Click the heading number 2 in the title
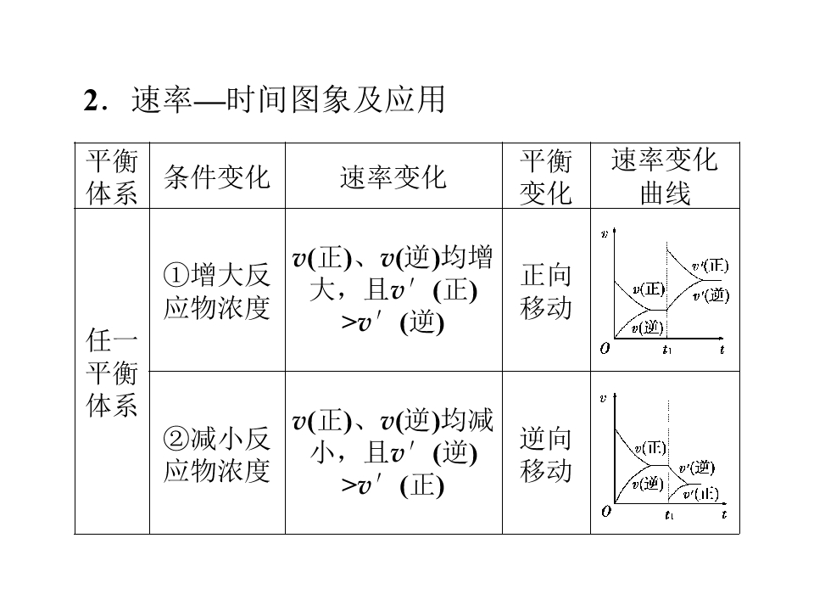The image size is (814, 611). tap(91, 100)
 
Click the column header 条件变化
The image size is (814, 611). tap(217, 177)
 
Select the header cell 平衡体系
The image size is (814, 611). tap(112, 177)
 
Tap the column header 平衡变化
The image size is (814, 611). tap(546, 177)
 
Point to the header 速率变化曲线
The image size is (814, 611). tap(665, 177)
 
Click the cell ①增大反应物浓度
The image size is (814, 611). tap(217, 291)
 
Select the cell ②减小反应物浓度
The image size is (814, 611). tap(217, 454)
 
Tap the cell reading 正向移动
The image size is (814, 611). tap(546, 291)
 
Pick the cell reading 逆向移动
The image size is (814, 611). tap(546, 454)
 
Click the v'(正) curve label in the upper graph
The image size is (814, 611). tap(711, 266)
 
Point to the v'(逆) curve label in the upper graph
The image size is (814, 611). tap(711, 295)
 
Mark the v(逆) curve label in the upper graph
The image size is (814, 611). tap(647, 327)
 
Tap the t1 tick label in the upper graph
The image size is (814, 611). tap(667, 350)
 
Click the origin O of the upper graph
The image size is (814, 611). tap(605, 349)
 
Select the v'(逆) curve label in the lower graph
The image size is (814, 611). tap(697, 468)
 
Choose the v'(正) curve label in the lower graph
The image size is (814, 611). tap(701, 494)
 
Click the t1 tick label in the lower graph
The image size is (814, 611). tap(670, 515)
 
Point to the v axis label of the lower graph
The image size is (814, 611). tap(603, 399)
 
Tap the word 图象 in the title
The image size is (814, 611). tap(321, 100)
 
